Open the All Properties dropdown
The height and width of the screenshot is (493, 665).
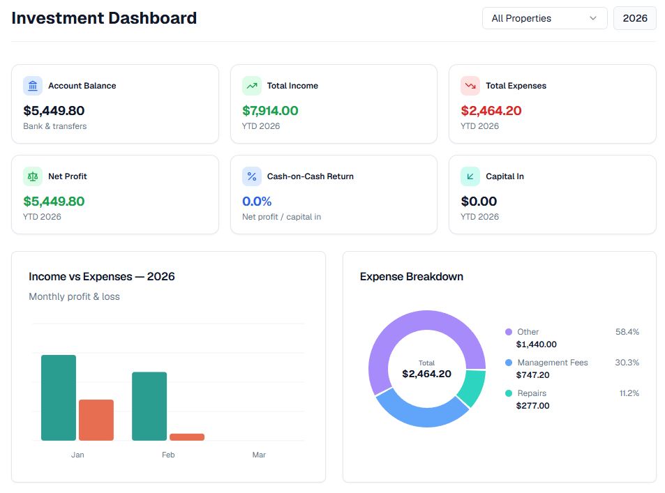tap(544, 18)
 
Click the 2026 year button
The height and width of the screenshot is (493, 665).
tap(634, 18)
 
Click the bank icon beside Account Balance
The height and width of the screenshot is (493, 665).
tap(33, 86)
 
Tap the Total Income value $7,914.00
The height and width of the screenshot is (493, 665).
tap(270, 110)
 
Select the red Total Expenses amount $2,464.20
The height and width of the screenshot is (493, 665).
tap(491, 110)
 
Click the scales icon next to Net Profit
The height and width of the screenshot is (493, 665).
tap(33, 176)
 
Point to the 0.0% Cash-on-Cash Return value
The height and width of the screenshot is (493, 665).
tap(256, 201)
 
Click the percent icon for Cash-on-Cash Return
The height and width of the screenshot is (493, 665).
tap(252, 176)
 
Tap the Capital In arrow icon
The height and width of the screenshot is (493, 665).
tap(470, 176)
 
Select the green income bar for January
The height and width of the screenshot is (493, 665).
tap(59, 397)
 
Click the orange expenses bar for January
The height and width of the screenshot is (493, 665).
tap(96, 420)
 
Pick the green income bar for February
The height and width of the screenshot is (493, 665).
tap(149, 406)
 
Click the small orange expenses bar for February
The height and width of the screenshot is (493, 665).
tap(187, 437)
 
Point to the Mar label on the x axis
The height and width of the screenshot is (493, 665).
tap(259, 455)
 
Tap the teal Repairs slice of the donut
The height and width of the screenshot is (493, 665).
tap(472, 388)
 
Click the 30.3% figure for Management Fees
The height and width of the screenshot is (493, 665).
tap(627, 363)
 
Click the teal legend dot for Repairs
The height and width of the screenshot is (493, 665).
tap(509, 393)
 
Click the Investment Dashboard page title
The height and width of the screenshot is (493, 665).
tap(104, 18)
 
